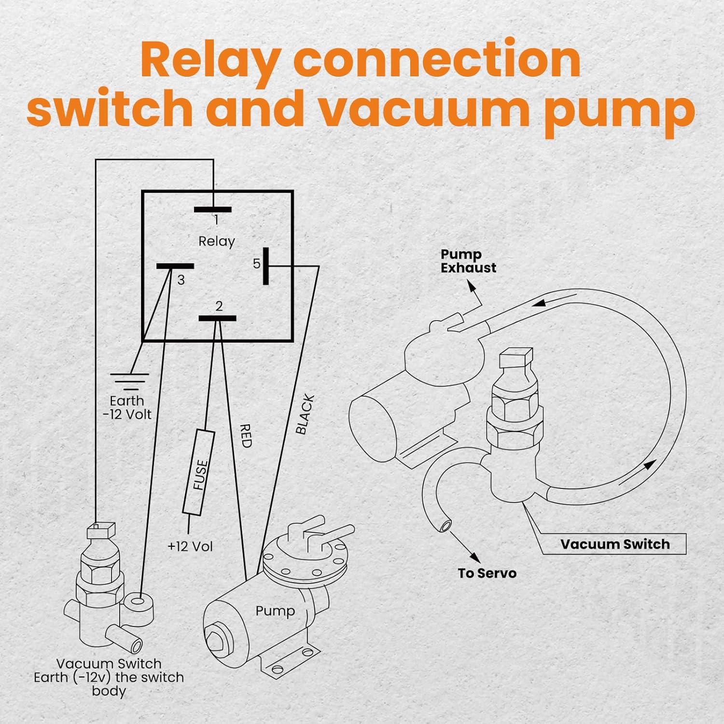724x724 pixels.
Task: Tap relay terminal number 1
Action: pos(213,210)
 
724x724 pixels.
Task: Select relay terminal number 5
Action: pos(265,266)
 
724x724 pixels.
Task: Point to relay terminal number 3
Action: pos(175,266)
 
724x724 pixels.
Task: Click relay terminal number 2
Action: pos(218,318)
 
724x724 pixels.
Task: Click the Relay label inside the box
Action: pos(217,241)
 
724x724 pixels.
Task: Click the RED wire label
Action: pos(246,435)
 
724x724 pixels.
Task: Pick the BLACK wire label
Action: pos(305,414)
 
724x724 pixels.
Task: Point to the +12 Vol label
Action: pos(190,546)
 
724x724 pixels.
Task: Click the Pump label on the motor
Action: pos(275,611)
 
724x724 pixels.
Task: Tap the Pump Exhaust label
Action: pos(468,261)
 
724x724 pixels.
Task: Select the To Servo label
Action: pos(487,573)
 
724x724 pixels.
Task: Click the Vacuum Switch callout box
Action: pos(614,544)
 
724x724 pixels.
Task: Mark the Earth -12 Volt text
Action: pos(127,408)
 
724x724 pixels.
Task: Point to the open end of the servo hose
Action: pos(446,525)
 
